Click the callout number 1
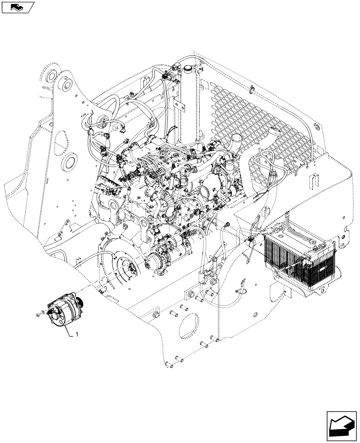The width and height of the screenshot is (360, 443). (78, 334)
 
